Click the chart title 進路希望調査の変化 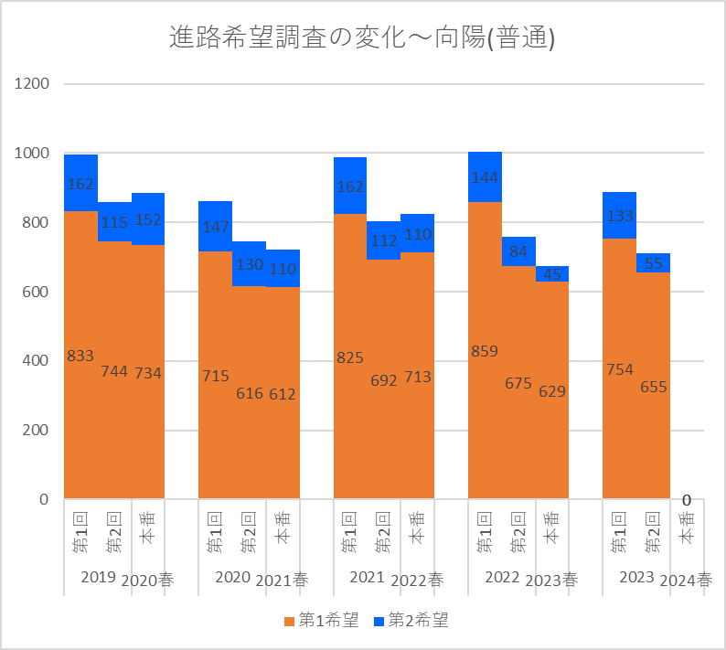click(x=363, y=37)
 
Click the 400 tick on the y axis click(x=36, y=361)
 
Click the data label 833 click(x=80, y=356)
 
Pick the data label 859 click(x=485, y=350)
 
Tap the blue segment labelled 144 click(x=485, y=176)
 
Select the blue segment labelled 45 click(x=552, y=273)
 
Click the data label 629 click(x=552, y=391)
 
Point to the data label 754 click(x=619, y=369)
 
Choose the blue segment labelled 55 click(x=653, y=261)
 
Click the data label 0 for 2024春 click(x=686, y=500)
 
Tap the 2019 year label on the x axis click(x=98, y=577)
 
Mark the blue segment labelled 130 click(x=249, y=264)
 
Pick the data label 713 click(x=418, y=377)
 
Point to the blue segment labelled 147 click(x=215, y=227)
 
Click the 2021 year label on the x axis click(x=367, y=577)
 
